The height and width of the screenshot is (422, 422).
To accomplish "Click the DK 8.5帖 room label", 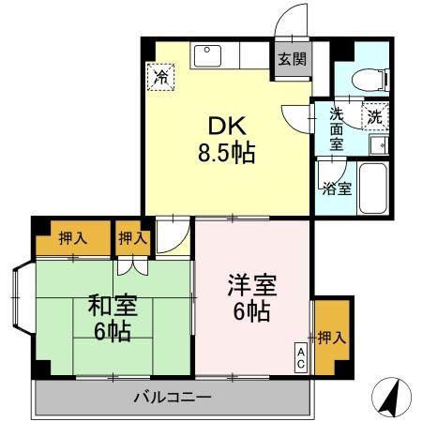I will point(224,138).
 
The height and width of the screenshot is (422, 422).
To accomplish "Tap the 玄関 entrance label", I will point(292,58).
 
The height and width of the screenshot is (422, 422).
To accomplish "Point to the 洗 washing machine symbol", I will point(374,116).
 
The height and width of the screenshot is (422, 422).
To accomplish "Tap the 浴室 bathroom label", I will point(336,188).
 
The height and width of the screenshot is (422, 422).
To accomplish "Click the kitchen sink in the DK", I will point(207,55).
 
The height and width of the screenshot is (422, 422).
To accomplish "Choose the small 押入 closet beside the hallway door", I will point(133,238).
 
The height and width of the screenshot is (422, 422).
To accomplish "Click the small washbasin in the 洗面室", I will point(378,145).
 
